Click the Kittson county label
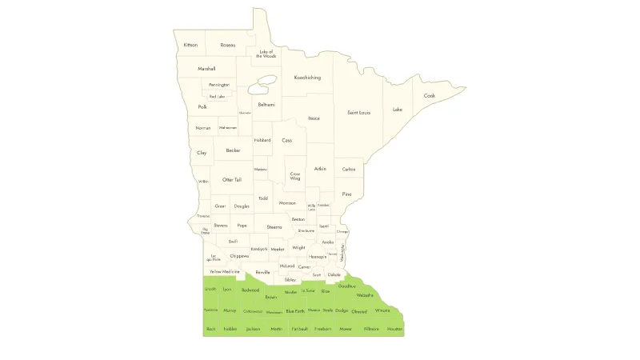point(190,45)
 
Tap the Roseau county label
point(228,45)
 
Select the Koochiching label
point(307,78)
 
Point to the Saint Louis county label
point(358,113)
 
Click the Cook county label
point(430,96)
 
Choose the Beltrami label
point(266,105)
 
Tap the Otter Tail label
point(232,180)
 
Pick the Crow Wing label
point(295,176)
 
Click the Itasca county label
point(314,118)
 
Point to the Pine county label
point(346,194)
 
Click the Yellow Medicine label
point(225,272)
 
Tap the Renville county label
point(263,272)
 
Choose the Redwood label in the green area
point(250,290)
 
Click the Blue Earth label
point(295,310)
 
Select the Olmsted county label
point(359,311)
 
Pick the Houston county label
point(395,329)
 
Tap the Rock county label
point(210,329)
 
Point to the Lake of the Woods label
point(266,54)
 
